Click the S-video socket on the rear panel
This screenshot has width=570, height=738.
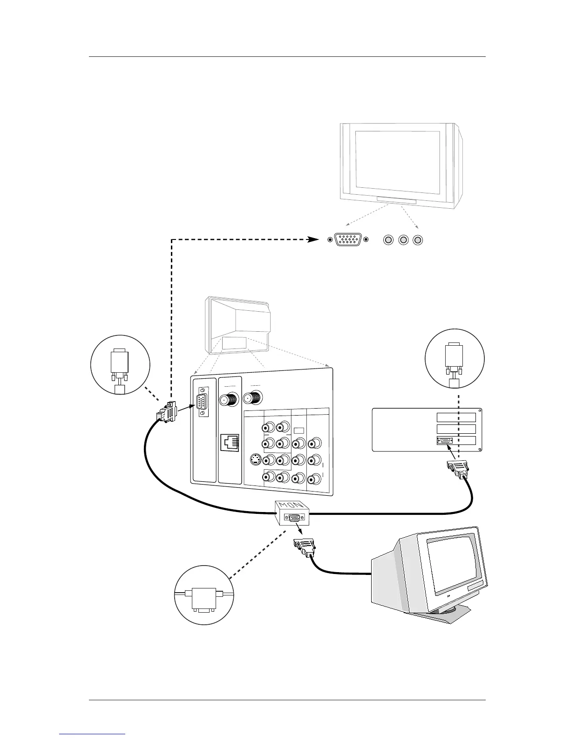pos(255,460)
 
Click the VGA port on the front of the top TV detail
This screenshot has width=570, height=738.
pos(348,240)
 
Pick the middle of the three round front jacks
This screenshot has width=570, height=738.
pos(403,240)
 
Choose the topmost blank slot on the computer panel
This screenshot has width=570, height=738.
pos(456,417)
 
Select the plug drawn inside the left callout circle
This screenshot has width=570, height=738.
pos(119,365)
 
